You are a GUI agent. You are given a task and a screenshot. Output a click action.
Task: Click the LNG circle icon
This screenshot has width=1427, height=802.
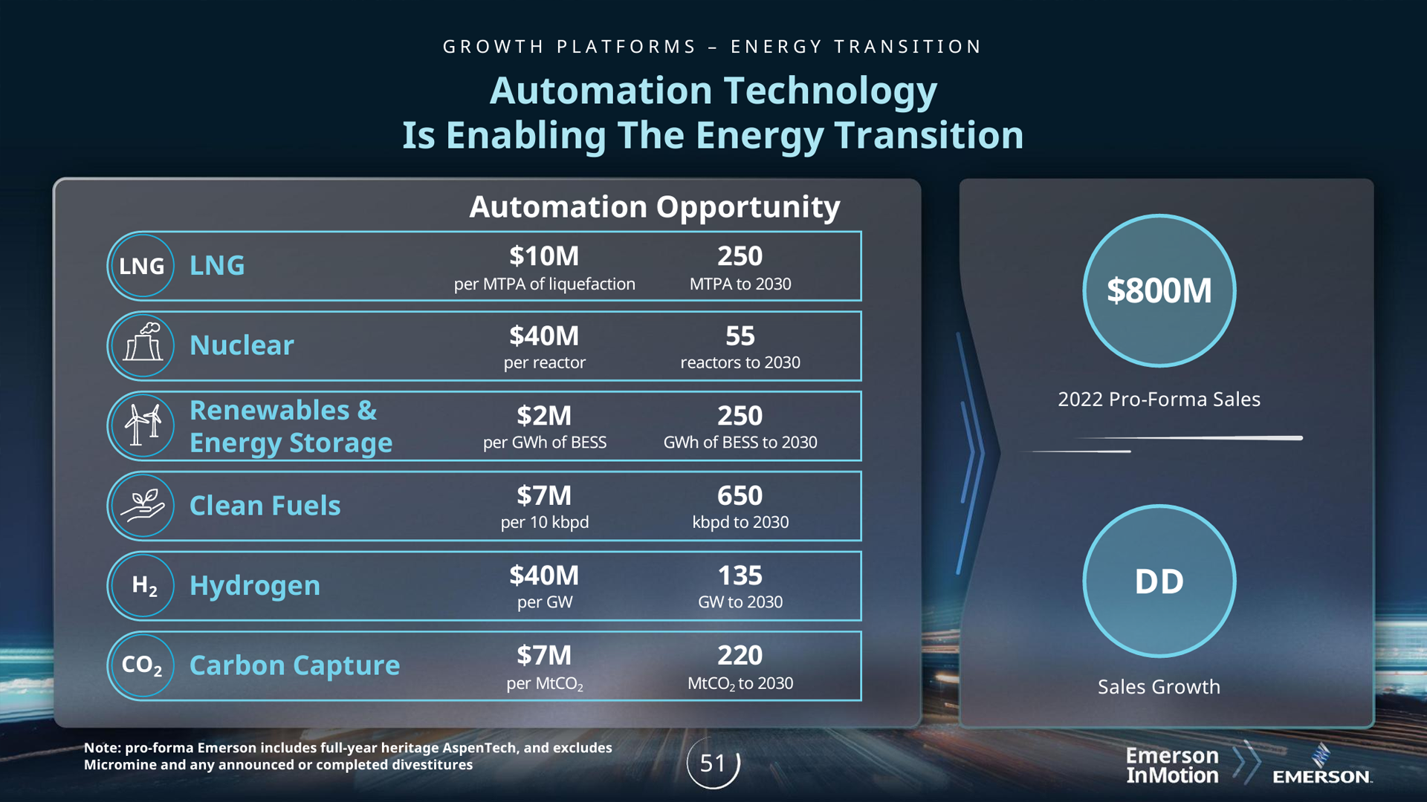coord(141,266)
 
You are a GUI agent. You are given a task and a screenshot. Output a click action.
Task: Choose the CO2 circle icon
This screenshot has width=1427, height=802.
coord(141,665)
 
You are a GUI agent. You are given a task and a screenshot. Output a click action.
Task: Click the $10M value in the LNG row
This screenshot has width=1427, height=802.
coord(544,256)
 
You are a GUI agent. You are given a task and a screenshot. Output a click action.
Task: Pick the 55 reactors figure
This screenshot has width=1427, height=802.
coord(740,336)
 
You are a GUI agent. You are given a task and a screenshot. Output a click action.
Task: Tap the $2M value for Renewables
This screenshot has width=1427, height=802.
coord(544,416)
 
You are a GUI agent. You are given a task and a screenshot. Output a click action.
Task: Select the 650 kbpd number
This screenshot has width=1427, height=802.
coord(740,496)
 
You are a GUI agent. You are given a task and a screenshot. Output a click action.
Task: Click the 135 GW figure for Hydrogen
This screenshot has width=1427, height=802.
coord(740,576)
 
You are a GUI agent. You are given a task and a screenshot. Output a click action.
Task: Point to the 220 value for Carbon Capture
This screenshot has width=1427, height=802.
coord(740,656)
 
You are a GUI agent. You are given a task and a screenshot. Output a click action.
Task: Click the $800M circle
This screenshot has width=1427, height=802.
coord(1159,290)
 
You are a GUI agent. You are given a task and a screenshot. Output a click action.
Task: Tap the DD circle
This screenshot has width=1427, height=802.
coord(1159,581)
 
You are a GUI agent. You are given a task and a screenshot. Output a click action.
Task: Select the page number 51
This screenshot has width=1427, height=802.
coord(713,763)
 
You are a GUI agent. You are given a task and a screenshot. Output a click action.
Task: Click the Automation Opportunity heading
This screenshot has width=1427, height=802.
coord(654,207)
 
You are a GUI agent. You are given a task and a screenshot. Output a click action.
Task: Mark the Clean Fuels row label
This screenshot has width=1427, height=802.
coord(265,506)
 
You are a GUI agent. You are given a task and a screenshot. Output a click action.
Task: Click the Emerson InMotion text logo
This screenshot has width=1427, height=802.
coord(1172,766)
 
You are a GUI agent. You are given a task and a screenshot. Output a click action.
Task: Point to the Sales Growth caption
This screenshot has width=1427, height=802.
coord(1159,687)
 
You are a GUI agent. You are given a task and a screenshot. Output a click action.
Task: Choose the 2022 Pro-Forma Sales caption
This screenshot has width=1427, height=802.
coord(1159,400)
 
